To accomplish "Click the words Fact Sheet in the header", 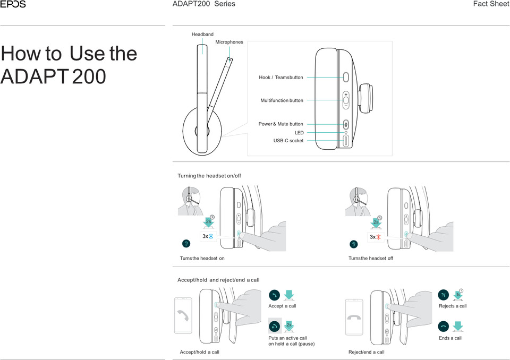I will [491, 4].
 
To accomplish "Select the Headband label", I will [202, 35].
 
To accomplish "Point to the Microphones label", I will [229, 42].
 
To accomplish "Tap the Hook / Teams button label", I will [281, 78].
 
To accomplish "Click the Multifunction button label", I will [282, 100].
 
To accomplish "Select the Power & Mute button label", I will [280, 124].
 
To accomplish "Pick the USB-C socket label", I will [288, 141].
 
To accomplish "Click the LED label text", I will [299, 133].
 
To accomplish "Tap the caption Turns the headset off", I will [371, 259].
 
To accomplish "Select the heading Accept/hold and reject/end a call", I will [218, 280].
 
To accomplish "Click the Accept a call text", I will [282, 306].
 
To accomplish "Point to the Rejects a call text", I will [453, 306].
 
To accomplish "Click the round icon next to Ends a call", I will [444, 326].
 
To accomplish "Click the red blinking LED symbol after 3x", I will [379, 237].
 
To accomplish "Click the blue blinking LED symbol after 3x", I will [211, 236].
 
